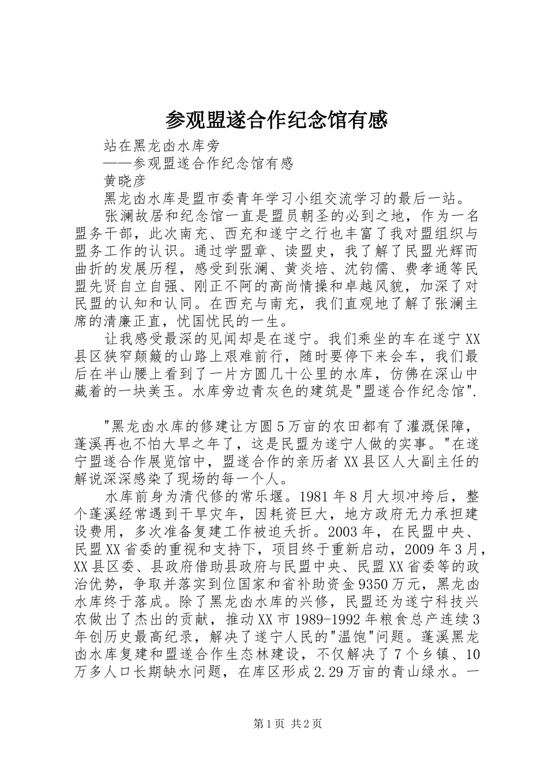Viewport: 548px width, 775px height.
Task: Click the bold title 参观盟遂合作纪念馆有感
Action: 275,119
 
